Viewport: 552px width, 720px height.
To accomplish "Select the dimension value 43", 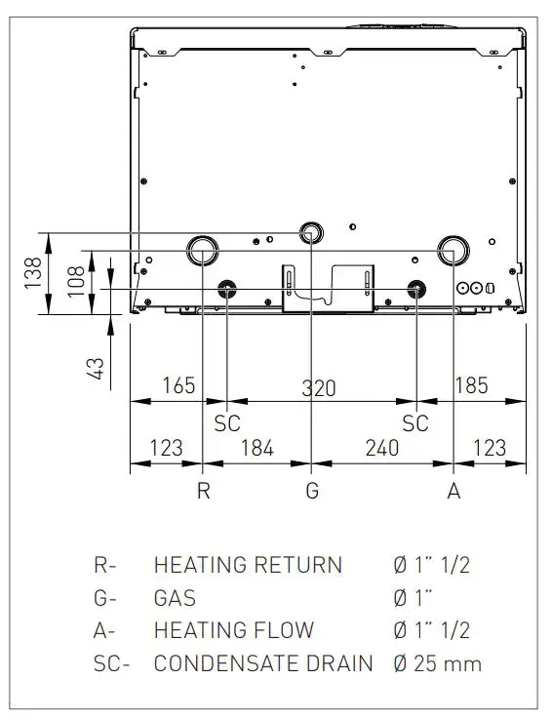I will (96, 368).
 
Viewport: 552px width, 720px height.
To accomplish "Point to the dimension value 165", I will (179, 385).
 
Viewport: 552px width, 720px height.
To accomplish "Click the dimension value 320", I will (318, 387).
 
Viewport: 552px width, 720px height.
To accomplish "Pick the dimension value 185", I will (471, 385).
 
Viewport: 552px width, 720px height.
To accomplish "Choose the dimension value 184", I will (256, 449).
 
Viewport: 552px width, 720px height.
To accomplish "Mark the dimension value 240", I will (381, 449).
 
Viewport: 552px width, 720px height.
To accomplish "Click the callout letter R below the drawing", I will (202, 491).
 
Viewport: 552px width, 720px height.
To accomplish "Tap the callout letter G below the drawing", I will (312, 491).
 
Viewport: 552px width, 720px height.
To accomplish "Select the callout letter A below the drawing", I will (453, 491).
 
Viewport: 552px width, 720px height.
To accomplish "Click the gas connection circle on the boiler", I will (311, 233).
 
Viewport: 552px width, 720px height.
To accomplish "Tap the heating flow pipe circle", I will (453, 250).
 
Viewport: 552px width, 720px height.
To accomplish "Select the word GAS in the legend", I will (175, 597).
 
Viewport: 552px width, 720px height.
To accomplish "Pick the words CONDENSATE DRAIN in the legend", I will (263, 664).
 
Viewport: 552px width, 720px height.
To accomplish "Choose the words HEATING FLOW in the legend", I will (234, 631).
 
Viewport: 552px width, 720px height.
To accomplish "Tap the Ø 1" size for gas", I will (413, 597).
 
